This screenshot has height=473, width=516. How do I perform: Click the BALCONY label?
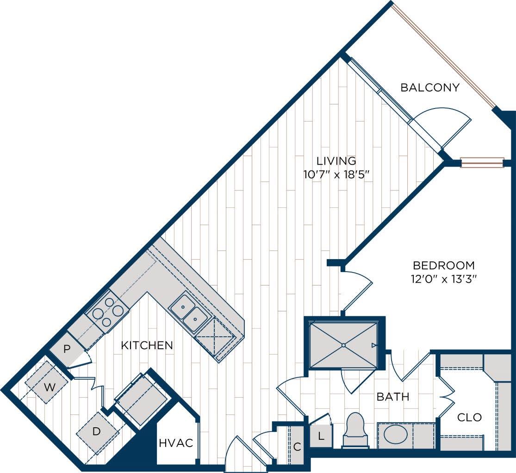tap(430, 87)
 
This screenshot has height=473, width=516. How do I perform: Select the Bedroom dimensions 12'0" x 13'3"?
tap(444, 279)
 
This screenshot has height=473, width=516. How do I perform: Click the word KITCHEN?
tap(147, 345)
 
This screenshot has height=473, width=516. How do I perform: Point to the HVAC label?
tap(175, 443)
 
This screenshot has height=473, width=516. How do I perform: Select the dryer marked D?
tap(96, 431)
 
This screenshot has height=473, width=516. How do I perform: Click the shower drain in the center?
tap(343, 345)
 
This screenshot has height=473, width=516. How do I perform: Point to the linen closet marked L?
tap(320, 435)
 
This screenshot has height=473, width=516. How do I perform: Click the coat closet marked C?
tap(297, 446)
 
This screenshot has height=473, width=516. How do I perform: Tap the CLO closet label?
tap(469, 417)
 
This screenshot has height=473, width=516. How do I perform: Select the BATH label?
tap(392, 396)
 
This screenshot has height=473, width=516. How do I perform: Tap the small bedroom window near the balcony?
tap(482, 163)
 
